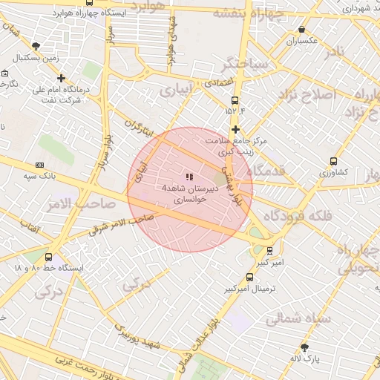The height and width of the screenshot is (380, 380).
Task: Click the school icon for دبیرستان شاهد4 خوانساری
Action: (x=189, y=177)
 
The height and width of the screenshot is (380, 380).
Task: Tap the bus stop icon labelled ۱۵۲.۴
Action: (x=235, y=100)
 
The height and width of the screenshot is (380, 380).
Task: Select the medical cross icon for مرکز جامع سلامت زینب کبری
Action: (x=235, y=129)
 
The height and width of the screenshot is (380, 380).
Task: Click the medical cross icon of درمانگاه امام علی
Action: (x=61, y=78)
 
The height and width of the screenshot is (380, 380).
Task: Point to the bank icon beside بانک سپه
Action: (x=39, y=165)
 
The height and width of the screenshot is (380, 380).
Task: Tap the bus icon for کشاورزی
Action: (x=333, y=160)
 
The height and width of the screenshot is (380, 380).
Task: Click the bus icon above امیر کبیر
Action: (x=269, y=251)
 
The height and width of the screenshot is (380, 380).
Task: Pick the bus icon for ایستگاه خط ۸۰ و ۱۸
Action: (x=49, y=256)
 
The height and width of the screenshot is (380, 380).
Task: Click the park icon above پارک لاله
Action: (x=304, y=347)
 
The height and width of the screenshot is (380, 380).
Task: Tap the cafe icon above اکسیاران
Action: (x=301, y=30)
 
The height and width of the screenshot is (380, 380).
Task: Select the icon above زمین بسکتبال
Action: (x=36, y=46)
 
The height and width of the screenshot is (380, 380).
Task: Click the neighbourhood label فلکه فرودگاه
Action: (x=297, y=216)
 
